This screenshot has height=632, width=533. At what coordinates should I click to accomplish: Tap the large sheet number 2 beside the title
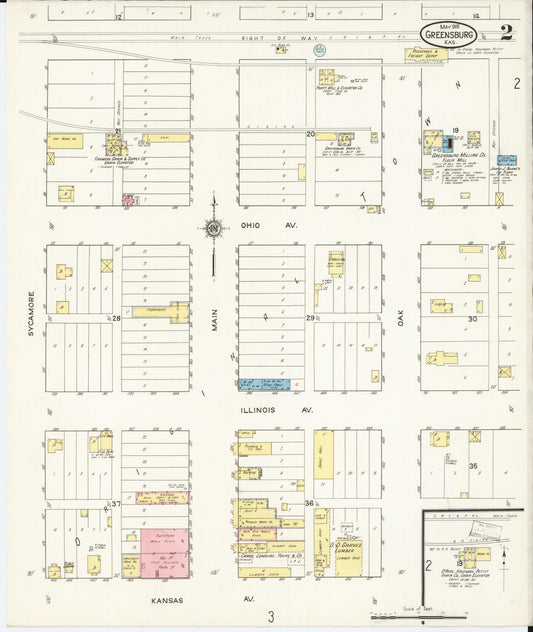506,31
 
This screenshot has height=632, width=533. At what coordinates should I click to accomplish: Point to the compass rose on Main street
214,228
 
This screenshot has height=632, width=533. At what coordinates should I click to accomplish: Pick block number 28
116,317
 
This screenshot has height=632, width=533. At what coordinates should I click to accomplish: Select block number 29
310,317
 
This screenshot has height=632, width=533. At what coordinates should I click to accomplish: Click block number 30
472,317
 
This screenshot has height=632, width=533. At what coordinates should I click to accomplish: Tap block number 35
475,466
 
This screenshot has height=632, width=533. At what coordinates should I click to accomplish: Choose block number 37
116,503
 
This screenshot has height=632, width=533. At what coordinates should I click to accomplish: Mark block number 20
310,133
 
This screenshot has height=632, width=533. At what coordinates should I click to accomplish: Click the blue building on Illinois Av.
264,384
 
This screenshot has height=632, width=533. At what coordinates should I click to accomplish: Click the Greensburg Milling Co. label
458,156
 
